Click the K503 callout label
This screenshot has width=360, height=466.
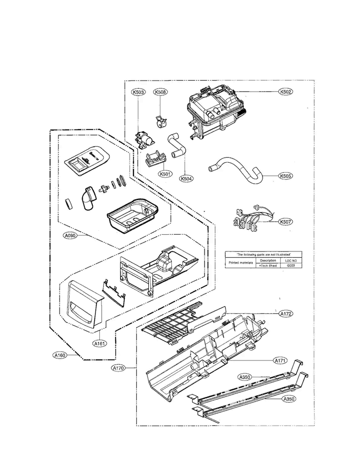pos(138,92)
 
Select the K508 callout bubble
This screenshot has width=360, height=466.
pos(160,92)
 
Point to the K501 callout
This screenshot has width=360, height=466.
pos(152,174)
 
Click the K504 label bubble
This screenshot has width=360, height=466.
pos(186,179)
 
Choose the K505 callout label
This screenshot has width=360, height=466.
pos(286,176)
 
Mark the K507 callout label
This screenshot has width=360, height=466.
pos(286,222)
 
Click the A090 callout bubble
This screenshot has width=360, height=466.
pos(70,236)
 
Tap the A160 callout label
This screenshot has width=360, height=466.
pos(60,356)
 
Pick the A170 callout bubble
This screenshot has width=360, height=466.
pos(118,369)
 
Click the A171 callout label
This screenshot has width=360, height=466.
pos(280,360)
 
